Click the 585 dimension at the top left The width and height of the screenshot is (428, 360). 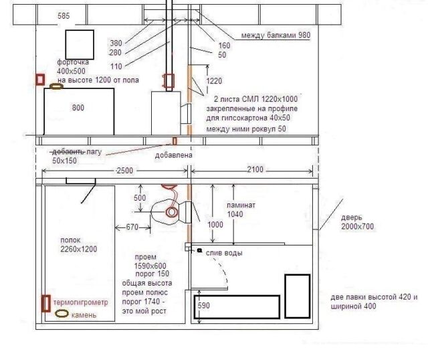tap(64, 16)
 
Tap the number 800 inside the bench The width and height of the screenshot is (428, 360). tap(78, 108)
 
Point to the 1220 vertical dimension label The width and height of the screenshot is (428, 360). tap(214, 81)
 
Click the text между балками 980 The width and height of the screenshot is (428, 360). tap(276, 35)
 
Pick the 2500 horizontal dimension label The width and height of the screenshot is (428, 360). tap(125, 171)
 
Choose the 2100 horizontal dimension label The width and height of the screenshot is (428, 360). tap(255, 169)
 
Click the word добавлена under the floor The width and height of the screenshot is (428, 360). tap(174, 155)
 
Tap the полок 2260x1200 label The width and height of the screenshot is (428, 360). tap(79, 244)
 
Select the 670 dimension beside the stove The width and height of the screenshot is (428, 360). tap(132, 227)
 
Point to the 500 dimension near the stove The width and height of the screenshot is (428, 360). tap(140, 198)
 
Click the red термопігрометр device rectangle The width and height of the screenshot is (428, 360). tap(46, 303)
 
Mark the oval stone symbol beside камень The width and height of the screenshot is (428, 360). tap(62, 314)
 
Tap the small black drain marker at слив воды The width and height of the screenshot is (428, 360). tap(199, 250)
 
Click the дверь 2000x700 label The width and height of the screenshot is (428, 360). tap(357, 221)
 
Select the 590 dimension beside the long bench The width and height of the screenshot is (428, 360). tap(203, 305)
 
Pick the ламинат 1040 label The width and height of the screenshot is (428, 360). tap(241, 209)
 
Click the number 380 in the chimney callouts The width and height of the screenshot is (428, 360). tap(116, 43)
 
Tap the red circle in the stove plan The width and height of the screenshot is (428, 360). tap(171, 212)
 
